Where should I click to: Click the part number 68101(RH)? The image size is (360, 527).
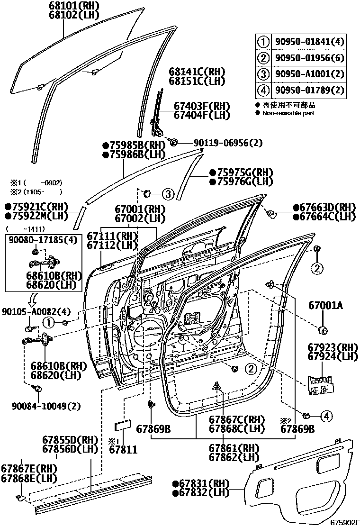[x=72, y=6]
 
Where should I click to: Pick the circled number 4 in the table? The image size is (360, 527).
[x=263, y=90]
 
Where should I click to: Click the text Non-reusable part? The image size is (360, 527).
[x=288, y=113]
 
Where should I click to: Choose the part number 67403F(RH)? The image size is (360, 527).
[x=201, y=106]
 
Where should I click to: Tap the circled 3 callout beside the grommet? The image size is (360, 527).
[x=168, y=193]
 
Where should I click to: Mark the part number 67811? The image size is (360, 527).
[x=123, y=449]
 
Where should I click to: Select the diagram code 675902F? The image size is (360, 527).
[x=345, y=522]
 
